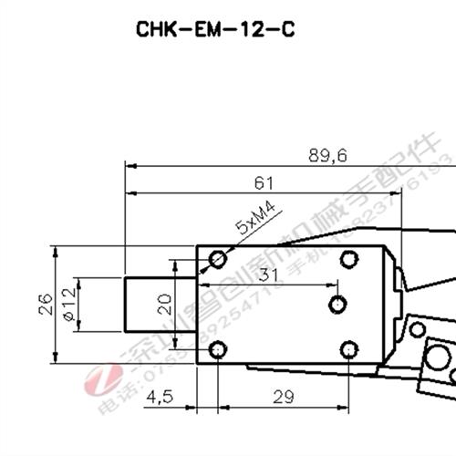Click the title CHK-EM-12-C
(216, 28)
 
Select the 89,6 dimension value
(327, 156)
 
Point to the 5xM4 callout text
(255, 222)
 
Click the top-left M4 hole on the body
(217, 260)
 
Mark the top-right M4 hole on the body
(347, 260)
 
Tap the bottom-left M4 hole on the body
(217, 349)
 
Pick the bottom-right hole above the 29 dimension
(347, 349)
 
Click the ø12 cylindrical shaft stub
(146, 305)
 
